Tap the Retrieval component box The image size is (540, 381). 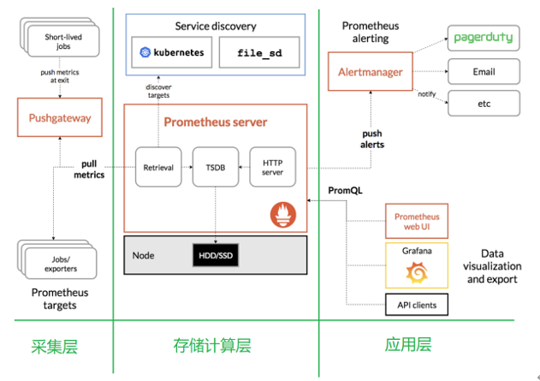pos(158,167)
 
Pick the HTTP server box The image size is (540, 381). pos(272,167)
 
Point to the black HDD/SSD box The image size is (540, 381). pos(214,255)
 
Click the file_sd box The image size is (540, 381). pos(250,52)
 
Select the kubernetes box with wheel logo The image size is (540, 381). pos(172,52)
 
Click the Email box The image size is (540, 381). pos(484,72)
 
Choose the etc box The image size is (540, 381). pos(484,104)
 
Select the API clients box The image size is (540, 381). pos(417,305)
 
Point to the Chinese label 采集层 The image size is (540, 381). pos(55,347)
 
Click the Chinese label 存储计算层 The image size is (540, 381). pos(215,347)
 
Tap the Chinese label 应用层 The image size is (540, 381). pos(408,345)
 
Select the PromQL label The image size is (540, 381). pos(346,190)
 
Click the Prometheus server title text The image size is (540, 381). pos(215,122)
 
